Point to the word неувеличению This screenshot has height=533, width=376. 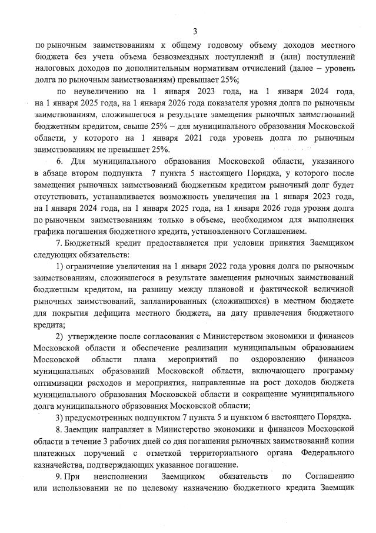coord(104,92)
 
